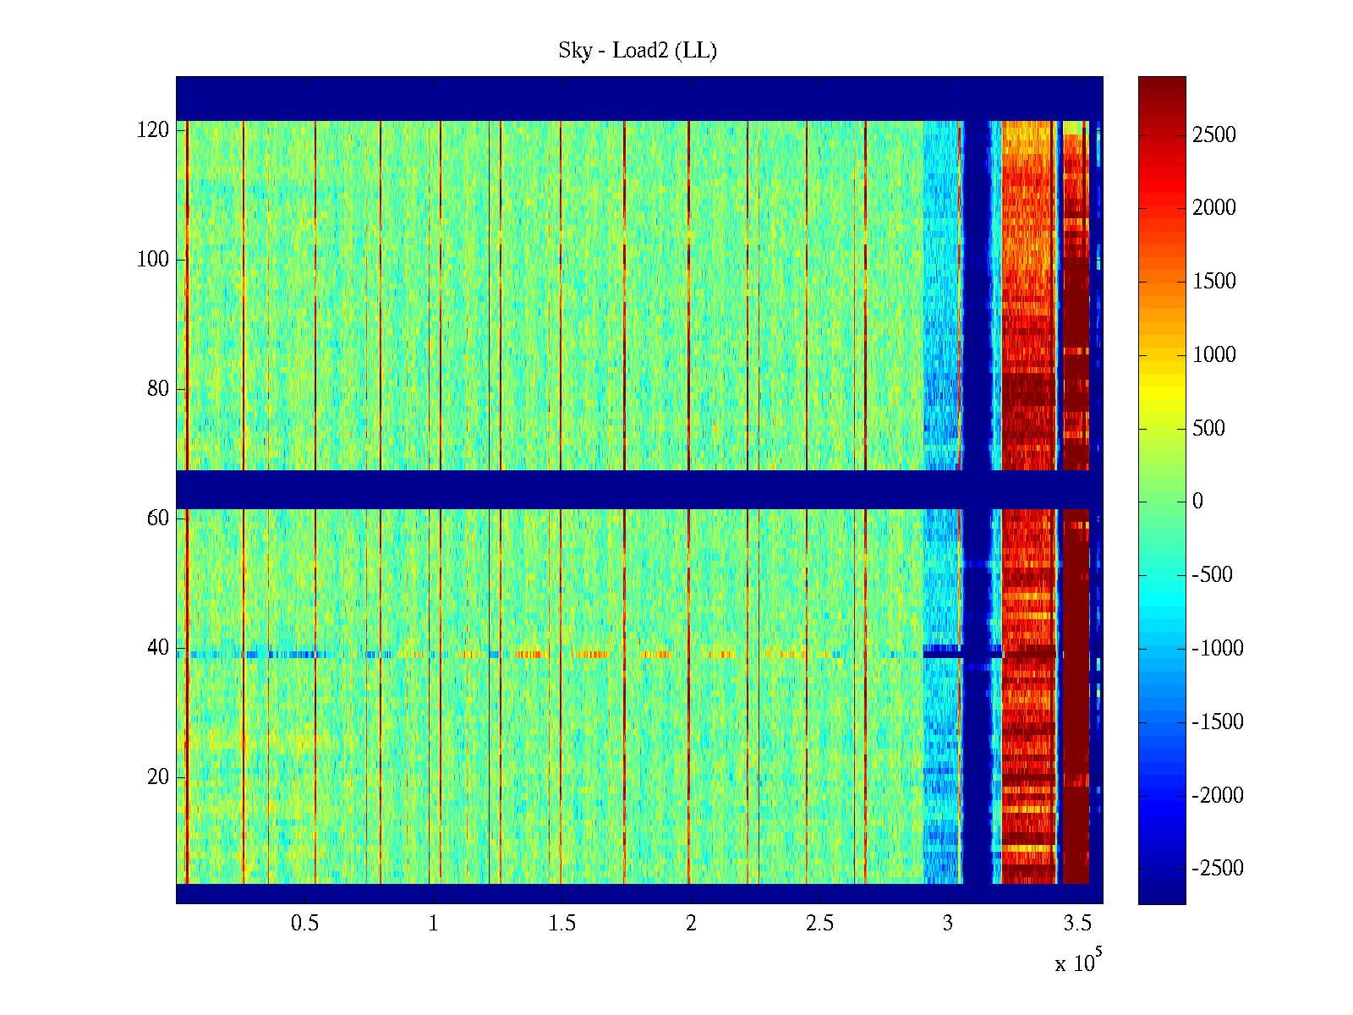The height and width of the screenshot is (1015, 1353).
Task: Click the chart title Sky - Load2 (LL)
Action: pos(638,51)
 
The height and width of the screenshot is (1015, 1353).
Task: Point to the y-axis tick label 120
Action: pos(153,130)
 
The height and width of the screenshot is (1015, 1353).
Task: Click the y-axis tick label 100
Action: pos(153,260)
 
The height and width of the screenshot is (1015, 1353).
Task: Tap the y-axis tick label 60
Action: pos(158,518)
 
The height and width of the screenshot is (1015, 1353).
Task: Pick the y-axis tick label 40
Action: pos(158,648)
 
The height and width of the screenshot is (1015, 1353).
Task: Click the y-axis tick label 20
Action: pos(158,777)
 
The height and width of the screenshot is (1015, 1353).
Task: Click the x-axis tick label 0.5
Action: pos(304,924)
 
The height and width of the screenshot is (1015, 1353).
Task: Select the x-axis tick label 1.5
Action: pos(561,924)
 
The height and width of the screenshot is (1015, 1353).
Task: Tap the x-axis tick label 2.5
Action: pos(819,924)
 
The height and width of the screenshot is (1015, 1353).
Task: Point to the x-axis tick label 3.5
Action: pos(1076,924)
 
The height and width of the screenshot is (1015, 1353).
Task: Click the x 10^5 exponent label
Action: pos(1077,962)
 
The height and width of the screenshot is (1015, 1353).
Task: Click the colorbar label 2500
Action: pos(1213,135)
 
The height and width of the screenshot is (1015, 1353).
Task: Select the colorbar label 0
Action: pos(1197,502)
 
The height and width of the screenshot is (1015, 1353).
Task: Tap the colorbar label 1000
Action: pos(1213,355)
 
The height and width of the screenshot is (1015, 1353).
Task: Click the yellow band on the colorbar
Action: pos(1162,398)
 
